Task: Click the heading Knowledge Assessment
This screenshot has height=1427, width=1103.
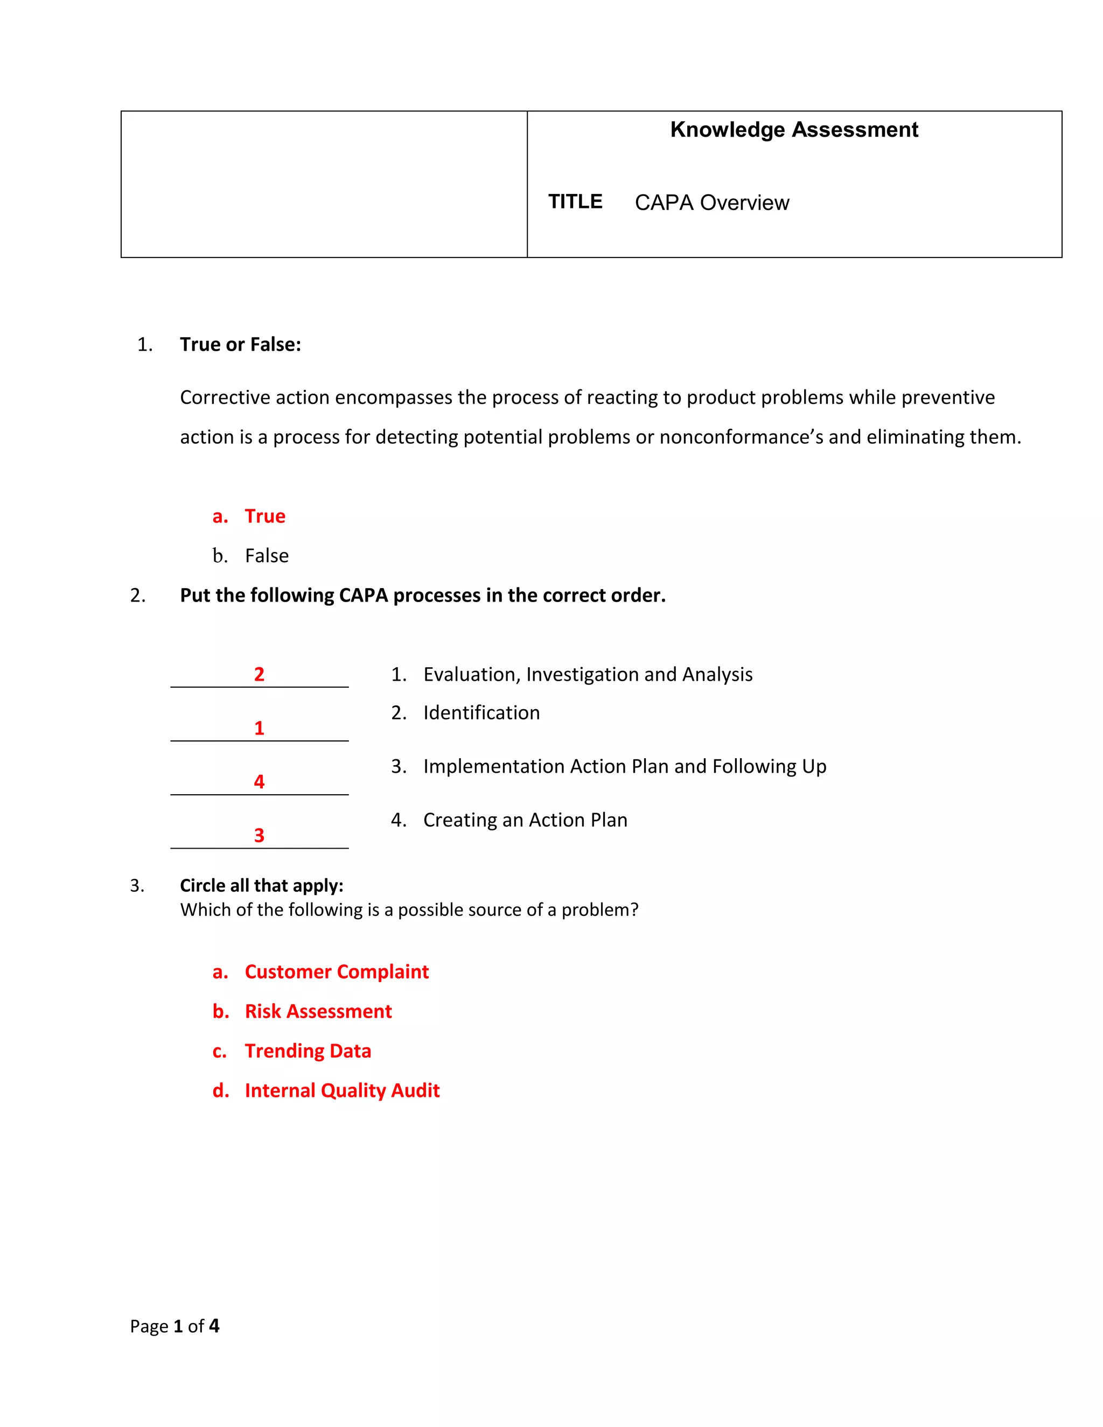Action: (793, 130)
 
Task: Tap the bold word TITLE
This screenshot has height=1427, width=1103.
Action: (575, 201)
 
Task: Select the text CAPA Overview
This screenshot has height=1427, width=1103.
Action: (711, 202)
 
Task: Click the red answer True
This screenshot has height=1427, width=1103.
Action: (264, 516)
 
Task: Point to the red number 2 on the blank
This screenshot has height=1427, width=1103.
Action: (259, 674)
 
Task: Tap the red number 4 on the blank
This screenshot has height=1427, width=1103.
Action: (259, 781)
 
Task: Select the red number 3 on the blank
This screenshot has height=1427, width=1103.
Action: (259, 835)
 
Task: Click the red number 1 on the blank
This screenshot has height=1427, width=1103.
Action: (259, 728)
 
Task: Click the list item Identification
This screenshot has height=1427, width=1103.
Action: (481, 712)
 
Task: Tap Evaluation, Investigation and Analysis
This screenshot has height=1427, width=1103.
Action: (588, 674)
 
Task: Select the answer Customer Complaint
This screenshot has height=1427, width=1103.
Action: (337, 971)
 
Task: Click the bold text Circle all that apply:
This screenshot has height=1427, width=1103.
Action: (261, 885)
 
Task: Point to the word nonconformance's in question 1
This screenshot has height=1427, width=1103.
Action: (741, 437)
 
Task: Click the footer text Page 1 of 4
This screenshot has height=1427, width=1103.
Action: (174, 1326)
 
